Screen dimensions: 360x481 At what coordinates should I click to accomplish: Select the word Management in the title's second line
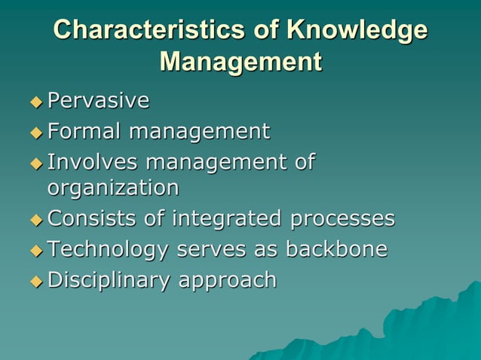pyautogui.click(x=240, y=61)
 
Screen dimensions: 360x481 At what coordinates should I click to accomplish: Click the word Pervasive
pyautogui.click(x=98, y=100)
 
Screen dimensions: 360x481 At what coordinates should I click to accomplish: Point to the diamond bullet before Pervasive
pyautogui.click(x=37, y=101)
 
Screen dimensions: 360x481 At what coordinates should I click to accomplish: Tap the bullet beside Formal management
pyautogui.click(x=37, y=133)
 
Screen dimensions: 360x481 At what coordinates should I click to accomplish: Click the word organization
pyautogui.click(x=113, y=187)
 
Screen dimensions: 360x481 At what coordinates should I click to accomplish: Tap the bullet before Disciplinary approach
pyautogui.click(x=37, y=282)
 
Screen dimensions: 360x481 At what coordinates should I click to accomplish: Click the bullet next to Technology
pyautogui.click(x=37, y=251)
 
